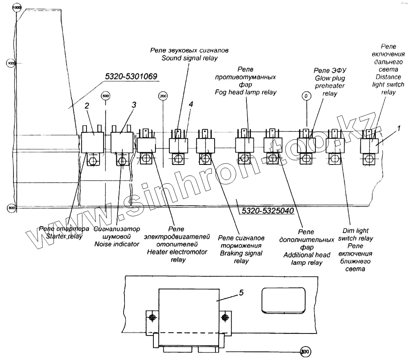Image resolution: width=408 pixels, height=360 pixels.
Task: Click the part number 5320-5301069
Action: click(131, 76)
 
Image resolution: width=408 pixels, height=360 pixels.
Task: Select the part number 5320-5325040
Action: click(268, 211)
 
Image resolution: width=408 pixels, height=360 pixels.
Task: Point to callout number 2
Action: click(86, 106)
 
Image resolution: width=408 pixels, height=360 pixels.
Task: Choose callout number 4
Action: click(191, 104)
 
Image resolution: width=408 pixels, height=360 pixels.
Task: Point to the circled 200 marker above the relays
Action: click(163, 96)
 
